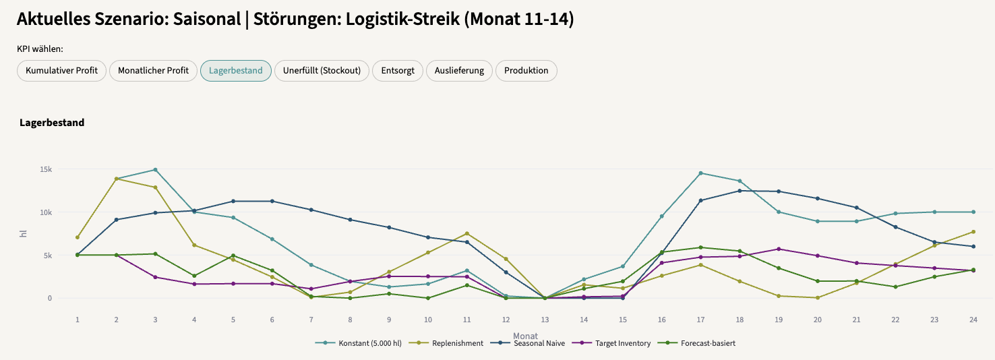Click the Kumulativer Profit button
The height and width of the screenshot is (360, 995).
click(x=61, y=71)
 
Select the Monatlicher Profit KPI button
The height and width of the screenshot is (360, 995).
click(x=153, y=71)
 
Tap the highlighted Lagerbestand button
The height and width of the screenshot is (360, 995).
click(x=235, y=71)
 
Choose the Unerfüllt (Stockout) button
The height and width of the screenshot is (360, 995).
click(x=322, y=71)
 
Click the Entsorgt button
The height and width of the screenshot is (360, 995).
click(x=397, y=71)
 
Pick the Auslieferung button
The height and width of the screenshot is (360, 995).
click(x=459, y=71)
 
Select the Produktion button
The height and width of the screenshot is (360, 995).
click(x=526, y=71)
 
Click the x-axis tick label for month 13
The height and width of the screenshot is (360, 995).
click(x=545, y=320)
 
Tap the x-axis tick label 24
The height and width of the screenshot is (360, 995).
click(x=973, y=320)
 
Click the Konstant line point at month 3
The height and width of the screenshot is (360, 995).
click(x=155, y=170)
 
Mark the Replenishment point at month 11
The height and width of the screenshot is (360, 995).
click(x=466, y=234)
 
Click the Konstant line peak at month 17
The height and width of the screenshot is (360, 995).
click(x=700, y=173)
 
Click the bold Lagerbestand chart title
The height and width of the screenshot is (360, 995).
click(x=52, y=123)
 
